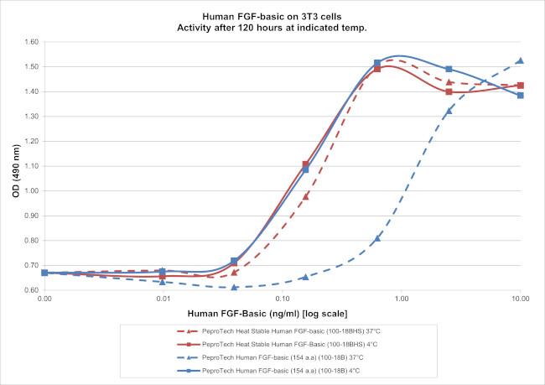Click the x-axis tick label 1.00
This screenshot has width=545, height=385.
pos(401,298)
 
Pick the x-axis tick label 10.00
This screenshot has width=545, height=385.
pos(520,298)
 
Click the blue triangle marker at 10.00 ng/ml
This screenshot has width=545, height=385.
pos(520,60)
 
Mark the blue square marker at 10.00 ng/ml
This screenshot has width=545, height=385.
pos(520,96)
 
